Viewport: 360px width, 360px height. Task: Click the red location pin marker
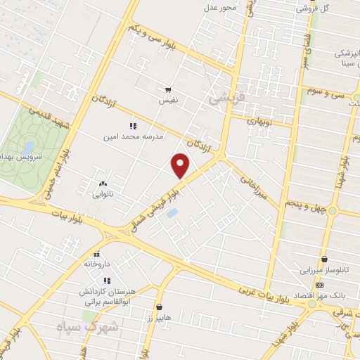[181, 165]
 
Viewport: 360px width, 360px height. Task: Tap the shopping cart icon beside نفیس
[168, 90]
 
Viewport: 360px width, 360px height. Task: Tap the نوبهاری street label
[264, 121]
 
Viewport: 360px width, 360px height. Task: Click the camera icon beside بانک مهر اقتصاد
[320, 285]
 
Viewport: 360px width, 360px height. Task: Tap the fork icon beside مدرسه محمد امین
[134, 126]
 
